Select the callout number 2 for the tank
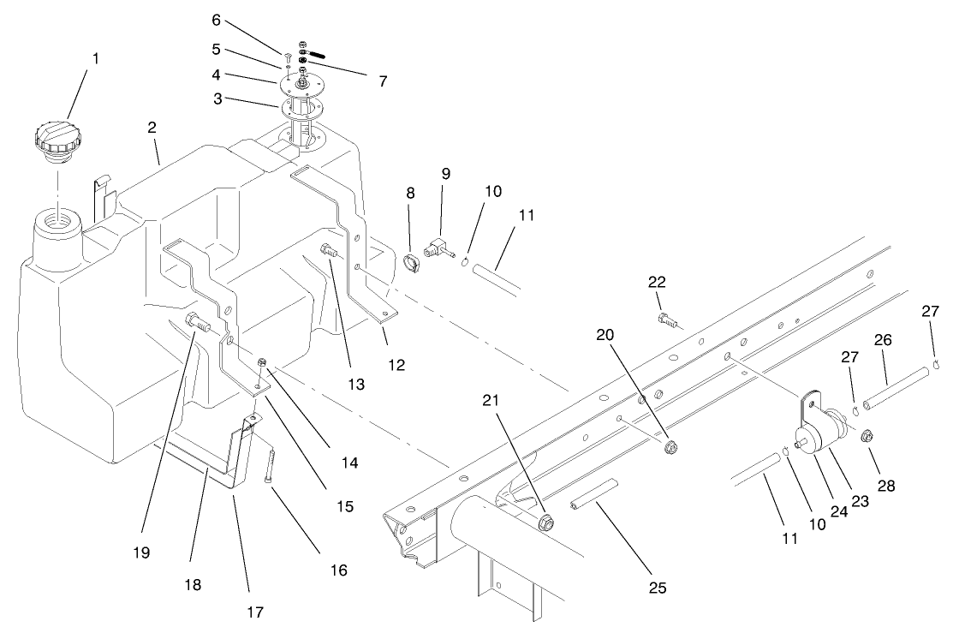pyautogui.click(x=152, y=128)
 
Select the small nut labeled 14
pyautogui.click(x=263, y=364)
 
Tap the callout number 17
pyautogui.click(x=255, y=612)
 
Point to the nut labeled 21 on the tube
pyautogui.click(x=547, y=522)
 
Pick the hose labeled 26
pyautogui.click(x=895, y=389)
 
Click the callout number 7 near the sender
pyautogui.click(x=382, y=81)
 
